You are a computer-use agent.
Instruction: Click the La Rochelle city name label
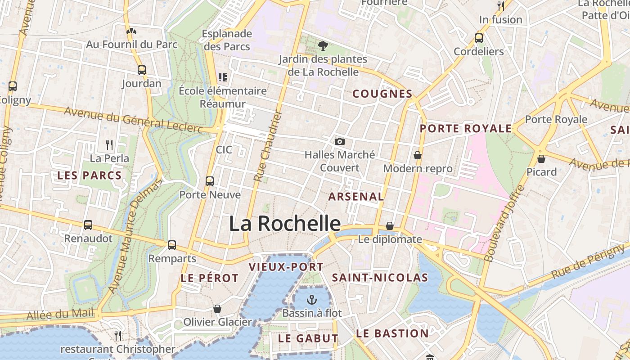click(x=285, y=224)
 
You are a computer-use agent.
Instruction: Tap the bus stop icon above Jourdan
click(x=142, y=70)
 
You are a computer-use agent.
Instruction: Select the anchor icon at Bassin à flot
click(x=311, y=299)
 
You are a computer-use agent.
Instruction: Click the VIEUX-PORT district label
click(x=286, y=267)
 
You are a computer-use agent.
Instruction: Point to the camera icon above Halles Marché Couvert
click(x=340, y=142)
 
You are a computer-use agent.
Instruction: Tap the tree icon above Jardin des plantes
click(x=323, y=45)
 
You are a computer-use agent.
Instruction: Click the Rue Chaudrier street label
click(x=268, y=146)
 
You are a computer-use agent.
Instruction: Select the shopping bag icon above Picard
click(x=541, y=159)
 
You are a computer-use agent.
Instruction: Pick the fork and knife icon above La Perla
click(x=109, y=144)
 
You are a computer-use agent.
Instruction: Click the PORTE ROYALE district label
click(x=466, y=129)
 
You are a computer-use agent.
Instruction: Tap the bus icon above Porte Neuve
click(x=210, y=181)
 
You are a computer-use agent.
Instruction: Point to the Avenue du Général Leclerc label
click(x=139, y=120)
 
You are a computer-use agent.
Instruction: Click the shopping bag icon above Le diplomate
click(x=390, y=226)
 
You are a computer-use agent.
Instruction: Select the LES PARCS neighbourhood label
click(x=90, y=175)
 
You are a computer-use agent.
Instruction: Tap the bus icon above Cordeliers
click(x=479, y=38)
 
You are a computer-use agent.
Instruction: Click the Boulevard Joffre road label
click(x=504, y=224)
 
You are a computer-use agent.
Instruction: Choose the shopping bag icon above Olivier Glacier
click(x=217, y=309)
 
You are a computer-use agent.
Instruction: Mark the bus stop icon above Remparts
click(x=172, y=245)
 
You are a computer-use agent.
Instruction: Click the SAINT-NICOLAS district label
click(x=380, y=278)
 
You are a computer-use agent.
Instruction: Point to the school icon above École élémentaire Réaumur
click(x=222, y=77)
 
